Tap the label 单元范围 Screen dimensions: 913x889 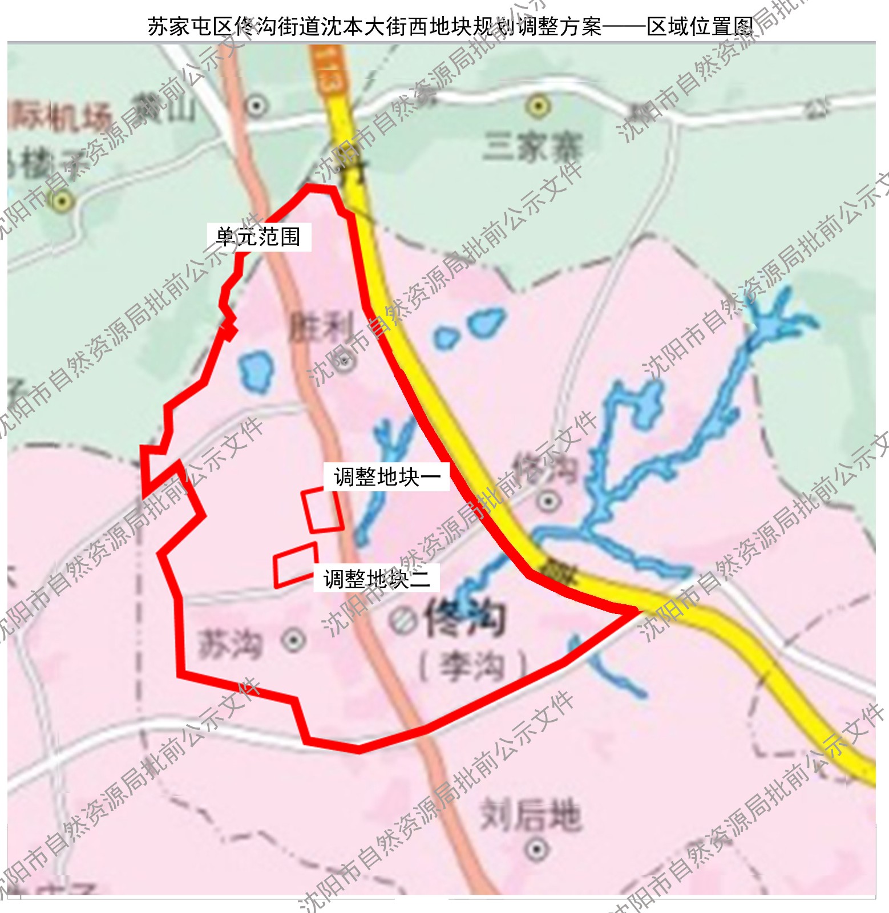(x=258, y=236)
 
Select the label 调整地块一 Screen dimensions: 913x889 (x=386, y=476)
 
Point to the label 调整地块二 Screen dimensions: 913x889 (x=377, y=579)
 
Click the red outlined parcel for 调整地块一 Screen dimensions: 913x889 (x=322, y=510)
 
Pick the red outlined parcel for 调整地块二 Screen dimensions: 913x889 (x=295, y=564)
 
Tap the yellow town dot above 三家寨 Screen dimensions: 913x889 (x=538, y=106)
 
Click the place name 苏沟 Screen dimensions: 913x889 (x=230, y=644)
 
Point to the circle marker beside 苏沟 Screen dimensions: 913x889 (x=293, y=641)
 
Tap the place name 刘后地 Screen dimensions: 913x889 (x=530, y=814)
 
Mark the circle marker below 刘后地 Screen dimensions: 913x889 (x=536, y=849)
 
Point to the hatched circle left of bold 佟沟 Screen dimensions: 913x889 (x=403, y=620)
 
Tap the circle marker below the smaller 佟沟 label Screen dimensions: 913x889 (x=548, y=501)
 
